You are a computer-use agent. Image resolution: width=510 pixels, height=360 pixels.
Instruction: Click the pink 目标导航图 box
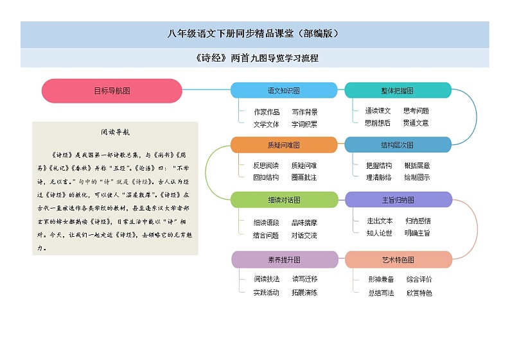(112, 90)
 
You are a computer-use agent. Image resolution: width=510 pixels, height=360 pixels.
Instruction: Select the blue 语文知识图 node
(283, 90)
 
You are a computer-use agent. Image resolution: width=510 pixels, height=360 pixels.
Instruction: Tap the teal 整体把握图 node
(398, 90)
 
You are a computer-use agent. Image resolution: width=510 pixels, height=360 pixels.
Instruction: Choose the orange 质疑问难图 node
(283, 145)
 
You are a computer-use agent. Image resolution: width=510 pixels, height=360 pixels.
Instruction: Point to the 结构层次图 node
(398, 145)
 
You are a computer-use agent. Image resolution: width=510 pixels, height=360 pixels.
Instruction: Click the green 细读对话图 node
(283, 200)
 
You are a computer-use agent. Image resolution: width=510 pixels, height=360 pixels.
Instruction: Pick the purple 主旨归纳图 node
(398, 200)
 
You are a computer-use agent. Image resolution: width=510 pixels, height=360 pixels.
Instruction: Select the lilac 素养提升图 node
(283, 259)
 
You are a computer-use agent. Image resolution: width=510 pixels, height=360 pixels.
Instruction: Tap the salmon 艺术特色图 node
(398, 259)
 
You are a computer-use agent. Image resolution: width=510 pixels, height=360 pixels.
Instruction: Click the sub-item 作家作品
(267, 112)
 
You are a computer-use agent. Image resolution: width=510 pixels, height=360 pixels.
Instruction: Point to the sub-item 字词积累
(304, 124)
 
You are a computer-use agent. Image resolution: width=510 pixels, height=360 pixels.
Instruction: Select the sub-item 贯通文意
(416, 123)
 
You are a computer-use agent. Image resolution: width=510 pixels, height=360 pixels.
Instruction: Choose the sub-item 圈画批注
(304, 177)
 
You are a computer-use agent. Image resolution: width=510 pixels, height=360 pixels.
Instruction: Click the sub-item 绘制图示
(417, 177)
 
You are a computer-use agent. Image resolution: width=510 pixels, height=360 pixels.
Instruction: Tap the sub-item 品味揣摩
(304, 223)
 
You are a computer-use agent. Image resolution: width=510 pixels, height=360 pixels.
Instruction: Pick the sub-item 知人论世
(379, 233)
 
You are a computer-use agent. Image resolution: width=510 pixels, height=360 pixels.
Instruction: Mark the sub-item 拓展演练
(304, 293)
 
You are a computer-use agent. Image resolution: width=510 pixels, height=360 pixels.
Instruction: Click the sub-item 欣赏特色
(419, 293)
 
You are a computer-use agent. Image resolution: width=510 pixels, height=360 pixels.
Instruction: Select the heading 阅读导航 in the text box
(116, 132)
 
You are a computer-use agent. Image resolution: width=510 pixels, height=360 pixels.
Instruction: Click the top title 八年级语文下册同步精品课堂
(254, 33)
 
